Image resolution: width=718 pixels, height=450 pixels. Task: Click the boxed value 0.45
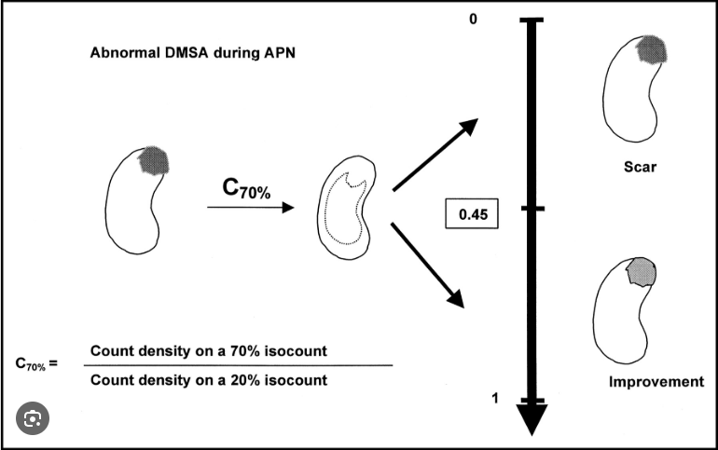pyautogui.click(x=472, y=214)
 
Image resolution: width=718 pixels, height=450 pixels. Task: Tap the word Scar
pyautogui.click(x=641, y=169)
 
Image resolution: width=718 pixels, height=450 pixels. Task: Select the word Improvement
pyautogui.click(x=656, y=382)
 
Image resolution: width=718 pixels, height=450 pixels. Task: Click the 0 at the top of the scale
pyautogui.click(x=473, y=19)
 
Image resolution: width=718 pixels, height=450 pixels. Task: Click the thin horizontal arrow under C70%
pyautogui.click(x=247, y=208)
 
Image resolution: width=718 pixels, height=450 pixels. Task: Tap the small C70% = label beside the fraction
pyautogui.click(x=36, y=362)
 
